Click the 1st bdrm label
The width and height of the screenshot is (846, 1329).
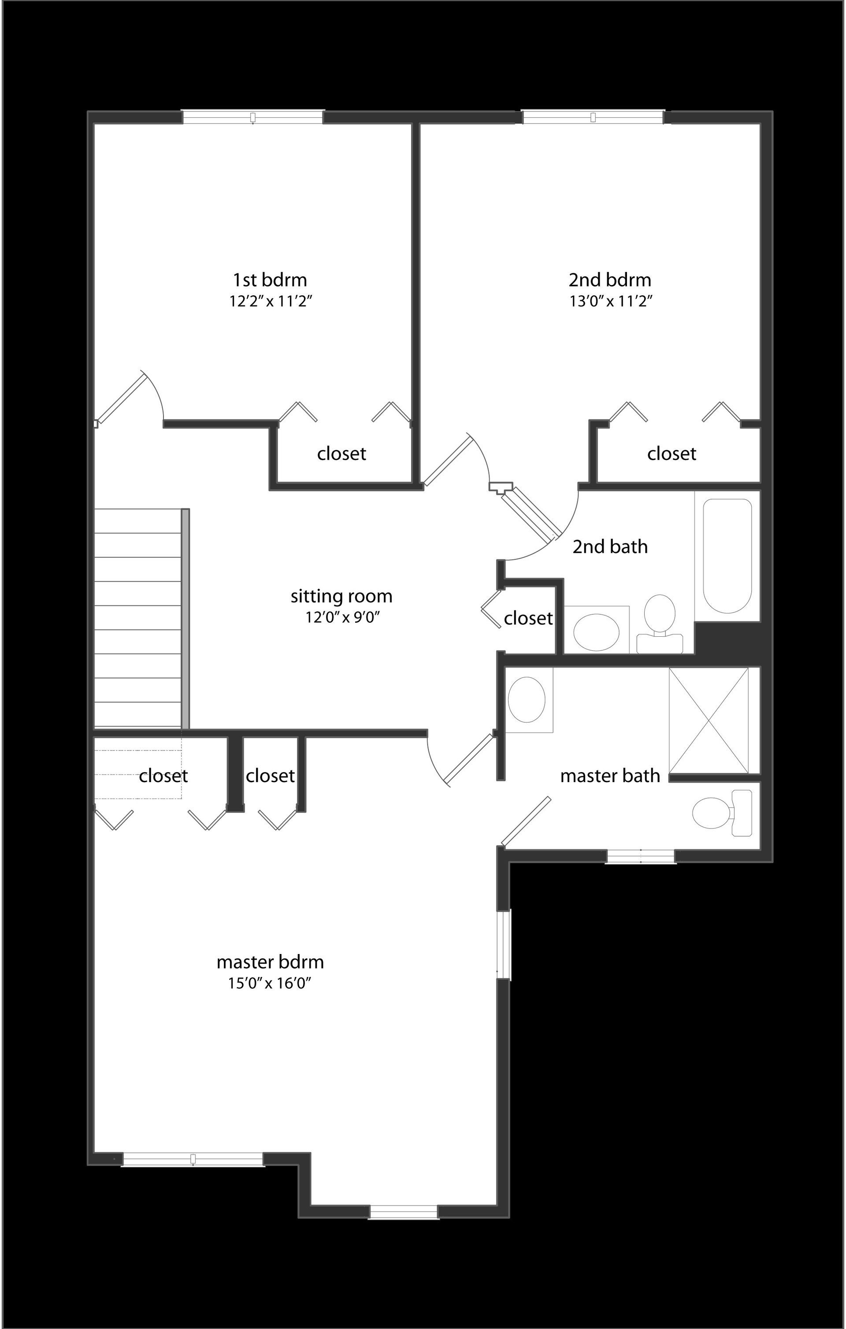[269, 280]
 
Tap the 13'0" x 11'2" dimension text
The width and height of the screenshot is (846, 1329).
[610, 301]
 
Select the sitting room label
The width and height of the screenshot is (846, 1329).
[341, 596]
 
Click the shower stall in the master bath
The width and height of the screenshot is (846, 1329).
[709, 720]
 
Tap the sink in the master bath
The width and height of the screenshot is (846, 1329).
[527, 700]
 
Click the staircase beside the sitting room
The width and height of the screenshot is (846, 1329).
[138, 618]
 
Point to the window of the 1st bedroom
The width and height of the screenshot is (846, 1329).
[253, 117]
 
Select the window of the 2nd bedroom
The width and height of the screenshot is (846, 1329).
[593, 117]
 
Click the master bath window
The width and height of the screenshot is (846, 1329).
[641, 856]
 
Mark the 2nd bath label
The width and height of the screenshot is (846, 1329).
[610, 547]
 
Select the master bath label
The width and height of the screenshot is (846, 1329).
[610, 776]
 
